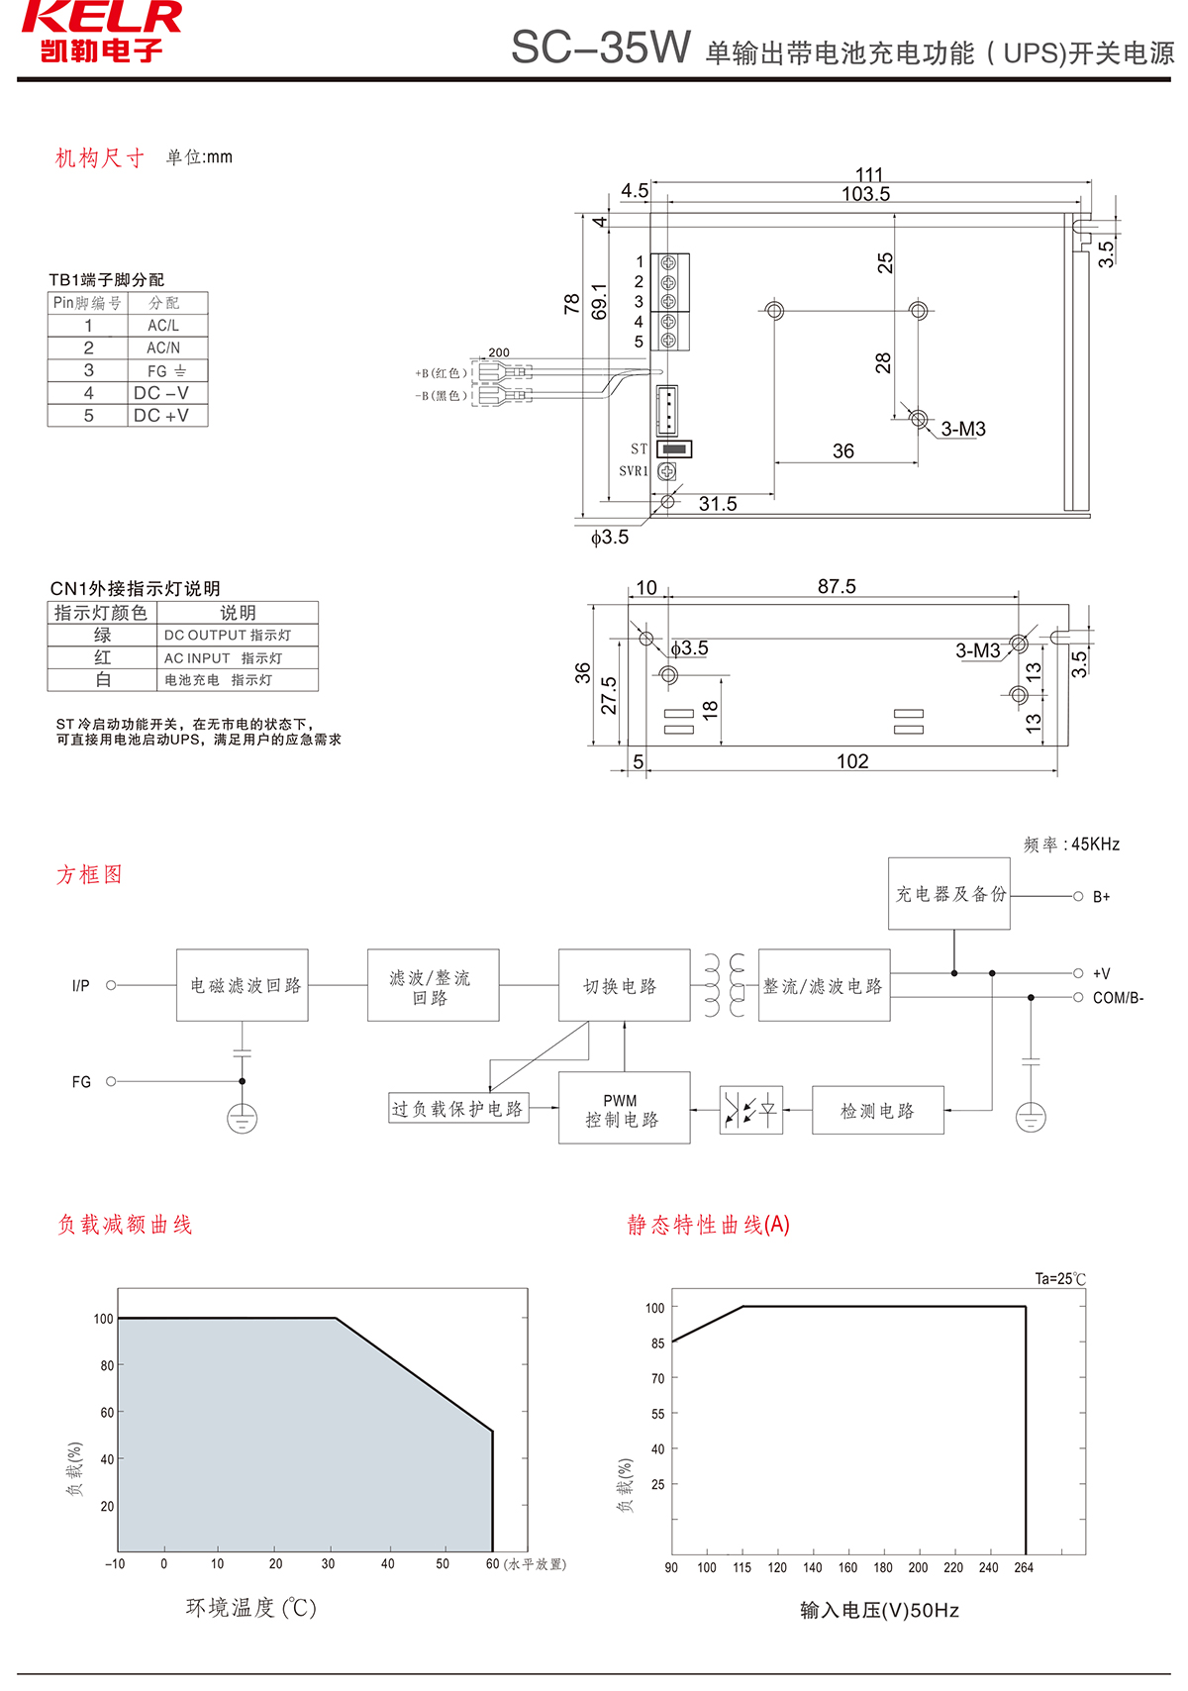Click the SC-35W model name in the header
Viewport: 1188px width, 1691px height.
pos(600,48)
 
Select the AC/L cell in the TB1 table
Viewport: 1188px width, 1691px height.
pos(163,326)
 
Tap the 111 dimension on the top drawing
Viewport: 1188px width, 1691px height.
pos(869,174)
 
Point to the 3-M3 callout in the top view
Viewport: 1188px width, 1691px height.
pos(962,429)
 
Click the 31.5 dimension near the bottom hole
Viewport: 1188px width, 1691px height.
pos(718,504)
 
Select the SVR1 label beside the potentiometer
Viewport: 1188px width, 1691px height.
pos(634,471)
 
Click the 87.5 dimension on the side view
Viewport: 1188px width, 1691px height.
pos(837,586)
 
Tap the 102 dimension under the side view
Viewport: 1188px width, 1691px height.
pos(852,761)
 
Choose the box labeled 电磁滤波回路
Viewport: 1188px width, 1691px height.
pos(243,985)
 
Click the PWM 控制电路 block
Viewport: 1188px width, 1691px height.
pos(624,1109)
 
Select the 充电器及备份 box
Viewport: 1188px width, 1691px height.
pos(949,894)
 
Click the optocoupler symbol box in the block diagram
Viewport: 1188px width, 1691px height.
pos(750,1110)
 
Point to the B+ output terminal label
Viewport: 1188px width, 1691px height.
pos(1101,897)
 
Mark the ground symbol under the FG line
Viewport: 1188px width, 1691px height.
pos(243,1120)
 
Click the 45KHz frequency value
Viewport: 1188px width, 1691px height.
pos(1095,845)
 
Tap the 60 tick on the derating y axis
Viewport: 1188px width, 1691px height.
pos(107,1413)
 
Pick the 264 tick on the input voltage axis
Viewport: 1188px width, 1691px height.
pos(1024,1568)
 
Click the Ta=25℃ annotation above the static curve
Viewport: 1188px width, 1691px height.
pos(1060,1279)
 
